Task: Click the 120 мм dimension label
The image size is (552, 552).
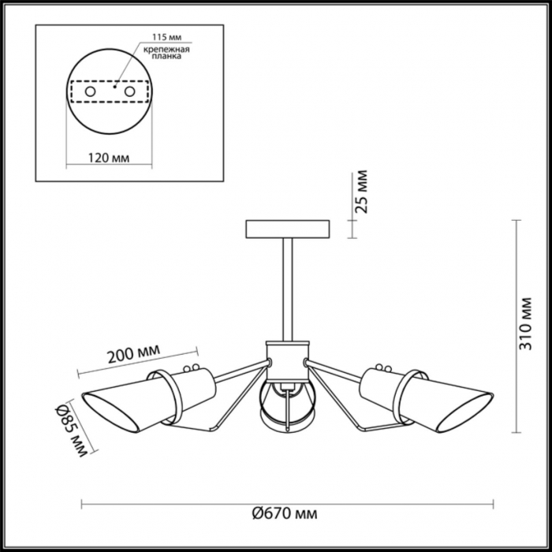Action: pos(109,158)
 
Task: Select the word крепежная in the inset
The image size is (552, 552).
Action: pos(166,49)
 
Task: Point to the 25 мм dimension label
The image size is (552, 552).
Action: pos(362,192)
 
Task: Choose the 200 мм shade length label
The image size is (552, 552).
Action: pos(133,353)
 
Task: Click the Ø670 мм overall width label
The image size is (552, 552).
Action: pos(285,513)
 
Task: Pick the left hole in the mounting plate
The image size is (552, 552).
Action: pos(90,92)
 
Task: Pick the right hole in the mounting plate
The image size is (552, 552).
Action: pos(129,92)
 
